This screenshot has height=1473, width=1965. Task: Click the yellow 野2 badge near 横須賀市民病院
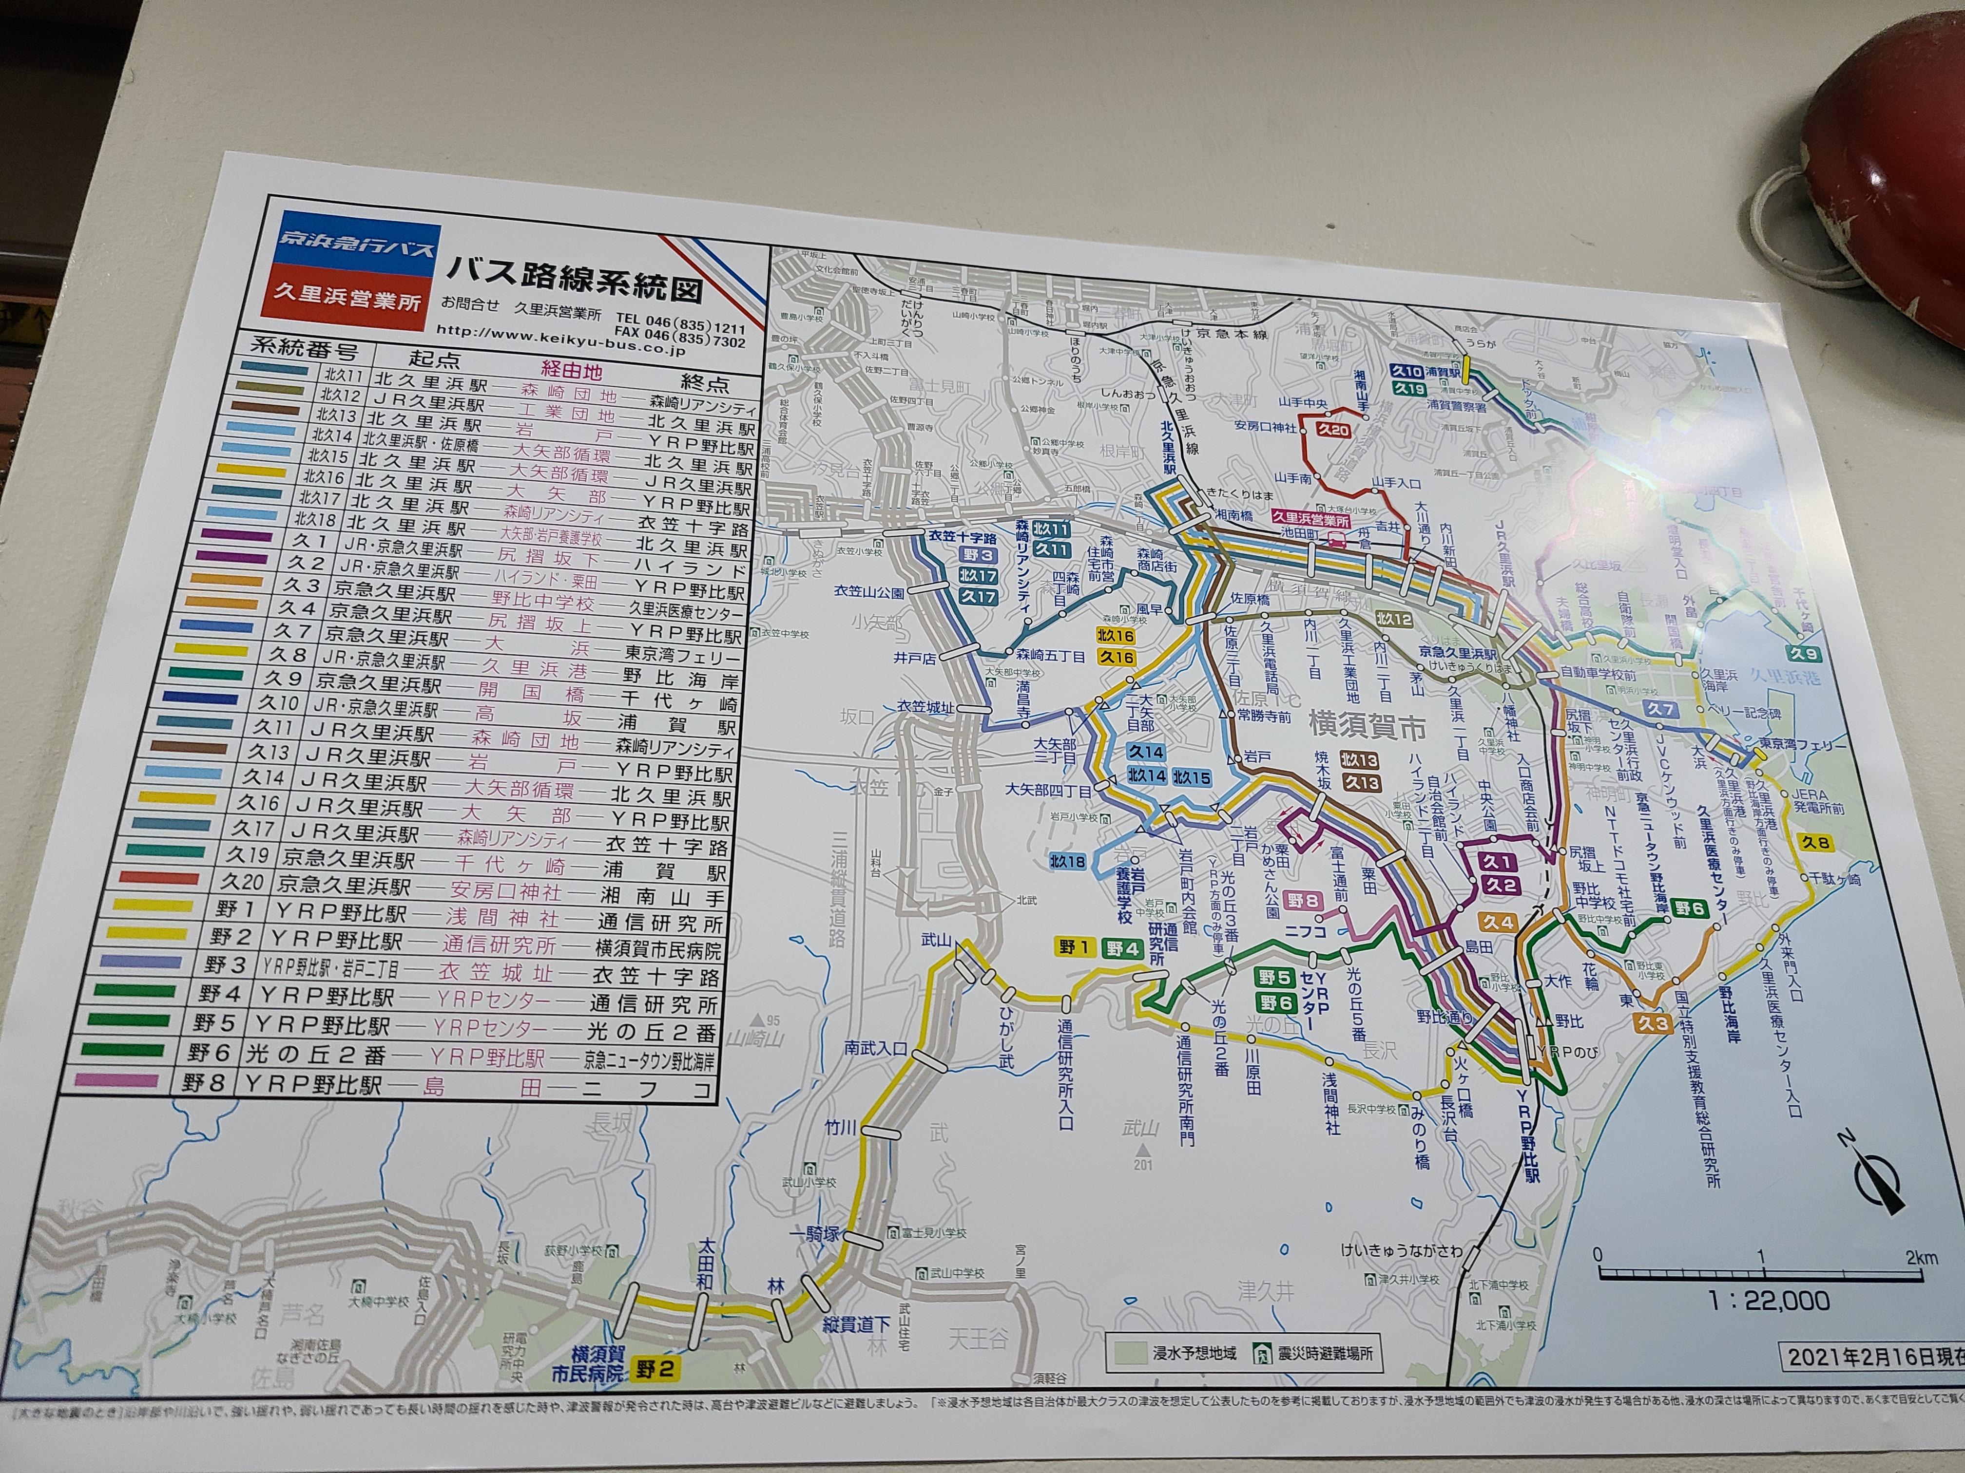655,1368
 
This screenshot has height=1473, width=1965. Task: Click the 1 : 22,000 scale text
1768,1301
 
